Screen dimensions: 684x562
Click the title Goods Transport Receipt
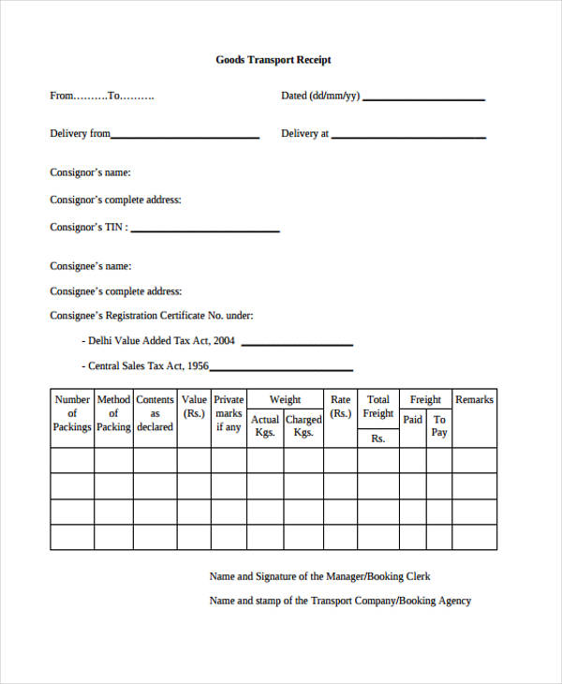[274, 60]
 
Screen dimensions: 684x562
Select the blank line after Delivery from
[185, 137]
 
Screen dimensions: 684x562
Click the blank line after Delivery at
[408, 137]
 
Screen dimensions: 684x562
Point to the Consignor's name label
[90, 172]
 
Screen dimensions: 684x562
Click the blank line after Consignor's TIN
[205, 230]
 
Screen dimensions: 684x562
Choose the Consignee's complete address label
[116, 291]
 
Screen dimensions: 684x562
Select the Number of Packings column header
[72, 413]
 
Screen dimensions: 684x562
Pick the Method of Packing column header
[113, 413]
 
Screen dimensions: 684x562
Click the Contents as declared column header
[155, 413]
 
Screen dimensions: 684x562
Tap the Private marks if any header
[229, 413]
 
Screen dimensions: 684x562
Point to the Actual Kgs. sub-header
[265, 426]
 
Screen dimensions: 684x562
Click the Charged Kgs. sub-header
[303, 426]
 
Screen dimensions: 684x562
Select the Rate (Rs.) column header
[341, 407]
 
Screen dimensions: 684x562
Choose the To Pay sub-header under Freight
[439, 426]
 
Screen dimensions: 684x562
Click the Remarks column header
[474, 400]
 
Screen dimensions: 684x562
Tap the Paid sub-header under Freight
[413, 420]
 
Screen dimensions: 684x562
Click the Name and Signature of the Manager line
[319, 576]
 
